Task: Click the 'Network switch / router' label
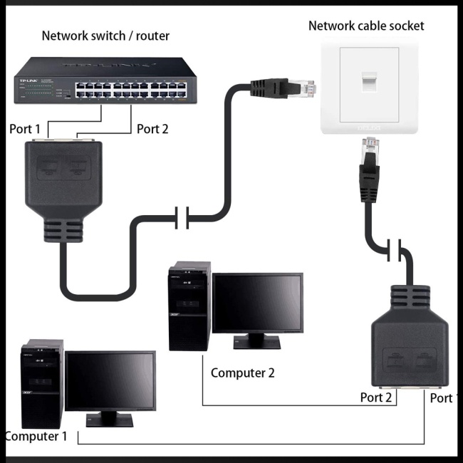(x=105, y=36)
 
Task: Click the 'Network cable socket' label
(x=366, y=26)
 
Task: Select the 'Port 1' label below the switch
(x=25, y=129)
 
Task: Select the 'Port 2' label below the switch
(x=152, y=129)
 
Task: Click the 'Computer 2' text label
(x=242, y=373)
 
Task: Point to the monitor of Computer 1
(x=110, y=383)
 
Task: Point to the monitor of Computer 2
(x=257, y=303)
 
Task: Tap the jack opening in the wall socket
(x=369, y=82)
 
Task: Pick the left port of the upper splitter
(x=49, y=166)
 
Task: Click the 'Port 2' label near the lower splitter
(x=376, y=397)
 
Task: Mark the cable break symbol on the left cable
(x=182, y=217)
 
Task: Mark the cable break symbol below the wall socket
(x=394, y=251)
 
